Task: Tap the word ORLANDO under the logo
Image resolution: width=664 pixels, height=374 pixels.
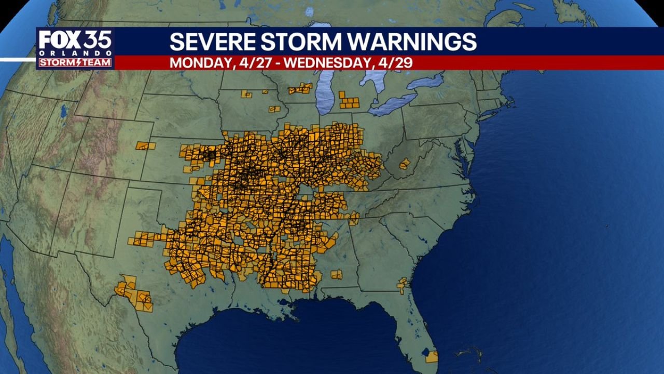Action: [x=75, y=53]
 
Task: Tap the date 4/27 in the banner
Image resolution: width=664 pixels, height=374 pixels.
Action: [x=254, y=63]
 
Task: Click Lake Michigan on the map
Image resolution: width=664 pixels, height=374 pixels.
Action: [x=325, y=94]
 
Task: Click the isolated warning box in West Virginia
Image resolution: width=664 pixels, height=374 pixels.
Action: [x=405, y=164]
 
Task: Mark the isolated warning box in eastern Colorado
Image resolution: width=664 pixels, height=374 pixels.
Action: [x=146, y=146]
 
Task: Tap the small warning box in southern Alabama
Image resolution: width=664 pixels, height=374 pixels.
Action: [x=337, y=274]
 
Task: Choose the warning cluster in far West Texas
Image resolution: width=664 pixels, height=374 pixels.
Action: [x=134, y=294]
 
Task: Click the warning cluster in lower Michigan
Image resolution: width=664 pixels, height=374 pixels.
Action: [x=349, y=101]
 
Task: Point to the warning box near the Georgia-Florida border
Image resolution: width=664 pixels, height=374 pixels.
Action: [x=402, y=285]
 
